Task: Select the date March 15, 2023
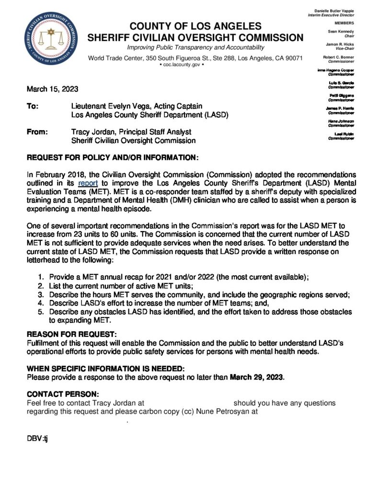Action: tap(52, 89)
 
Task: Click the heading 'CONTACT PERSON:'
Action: tap(63, 394)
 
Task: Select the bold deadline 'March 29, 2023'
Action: tap(257, 377)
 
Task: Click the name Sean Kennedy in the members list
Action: tap(341, 31)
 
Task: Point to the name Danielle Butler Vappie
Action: tap(334, 11)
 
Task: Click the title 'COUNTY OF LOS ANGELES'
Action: tap(195, 26)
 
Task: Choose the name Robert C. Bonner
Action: tap(338, 57)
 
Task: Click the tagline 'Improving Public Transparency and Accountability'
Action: tap(195, 47)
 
